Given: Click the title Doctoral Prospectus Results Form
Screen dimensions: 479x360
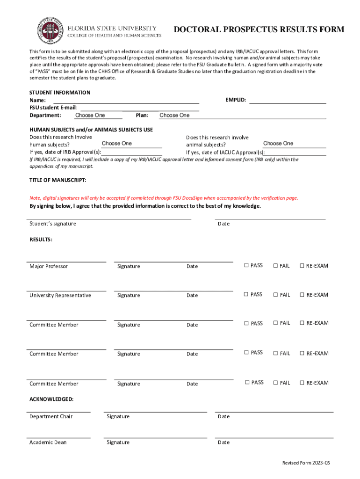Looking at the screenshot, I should [259, 30].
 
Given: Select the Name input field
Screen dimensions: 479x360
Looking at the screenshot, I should [126, 100].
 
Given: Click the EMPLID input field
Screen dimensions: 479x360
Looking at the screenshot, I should [287, 100].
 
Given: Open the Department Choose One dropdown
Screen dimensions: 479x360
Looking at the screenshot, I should [98, 115].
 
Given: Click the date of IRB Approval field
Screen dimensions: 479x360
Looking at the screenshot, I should [132, 152].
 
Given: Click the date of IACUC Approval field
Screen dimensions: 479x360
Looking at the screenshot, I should [295, 152].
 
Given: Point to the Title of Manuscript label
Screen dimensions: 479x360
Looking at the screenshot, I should [58, 180].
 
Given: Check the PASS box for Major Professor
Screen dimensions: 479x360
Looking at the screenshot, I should [246, 266].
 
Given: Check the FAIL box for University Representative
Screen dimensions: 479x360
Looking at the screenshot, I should [275, 295].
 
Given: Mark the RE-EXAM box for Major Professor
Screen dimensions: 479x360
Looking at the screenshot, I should [302, 266].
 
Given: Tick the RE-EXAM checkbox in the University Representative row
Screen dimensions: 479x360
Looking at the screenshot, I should [302, 295].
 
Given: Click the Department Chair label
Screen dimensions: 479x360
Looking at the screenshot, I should [51, 416].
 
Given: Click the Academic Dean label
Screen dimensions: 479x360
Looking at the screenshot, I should [48, 442].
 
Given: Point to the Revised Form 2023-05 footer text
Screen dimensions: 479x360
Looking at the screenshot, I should [306, 463].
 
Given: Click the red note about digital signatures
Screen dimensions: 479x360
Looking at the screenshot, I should [164, 198].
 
